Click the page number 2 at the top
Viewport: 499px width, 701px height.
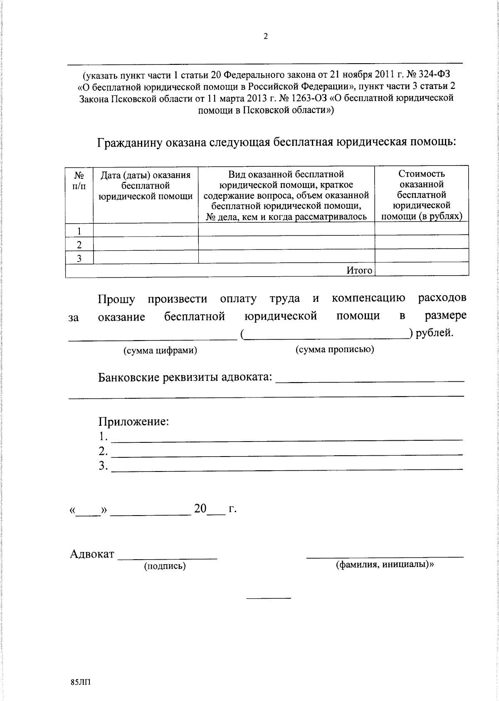266,37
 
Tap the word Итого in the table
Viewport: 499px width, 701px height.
359,270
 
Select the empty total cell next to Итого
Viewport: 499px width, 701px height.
421,270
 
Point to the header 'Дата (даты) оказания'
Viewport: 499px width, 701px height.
146,175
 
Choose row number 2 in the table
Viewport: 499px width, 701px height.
79,244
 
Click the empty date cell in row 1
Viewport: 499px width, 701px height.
146,230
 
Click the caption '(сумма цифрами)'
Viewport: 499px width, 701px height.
160,350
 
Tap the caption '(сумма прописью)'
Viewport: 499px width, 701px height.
335,349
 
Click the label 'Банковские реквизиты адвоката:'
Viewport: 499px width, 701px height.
185,378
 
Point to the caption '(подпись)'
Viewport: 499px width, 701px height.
165,566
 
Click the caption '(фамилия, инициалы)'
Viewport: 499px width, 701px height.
384,565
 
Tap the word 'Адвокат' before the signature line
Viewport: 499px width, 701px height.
92,554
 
